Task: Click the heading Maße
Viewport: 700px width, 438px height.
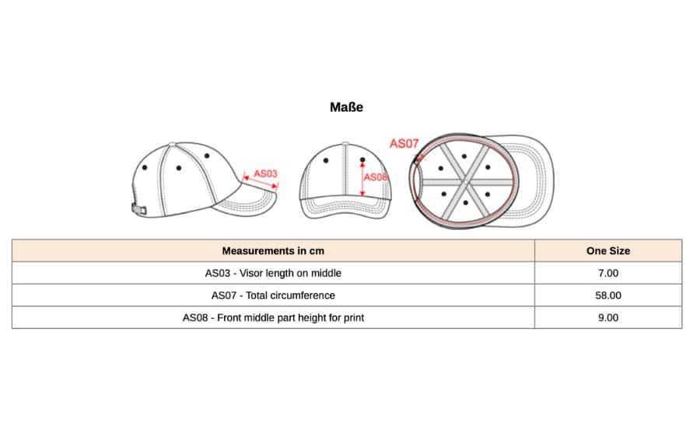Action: coord(346,107)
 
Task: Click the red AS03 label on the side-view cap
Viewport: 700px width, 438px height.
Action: coord(266,173)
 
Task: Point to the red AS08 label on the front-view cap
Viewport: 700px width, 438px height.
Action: coord(376,177)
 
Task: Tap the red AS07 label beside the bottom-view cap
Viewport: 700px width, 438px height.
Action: coord(404,143)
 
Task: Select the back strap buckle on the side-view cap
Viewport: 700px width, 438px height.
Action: coord(138,208)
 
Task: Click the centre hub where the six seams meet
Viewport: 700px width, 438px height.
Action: coord(464,182)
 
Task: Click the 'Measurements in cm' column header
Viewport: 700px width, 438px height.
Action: coord(273,251)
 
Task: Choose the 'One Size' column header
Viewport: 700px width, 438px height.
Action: coord(608,251)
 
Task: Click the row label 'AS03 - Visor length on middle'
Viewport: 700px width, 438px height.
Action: coord(273,273)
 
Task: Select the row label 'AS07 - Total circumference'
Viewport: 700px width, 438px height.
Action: coord(273,296)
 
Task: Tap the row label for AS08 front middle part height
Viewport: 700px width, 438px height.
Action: coord(273,317)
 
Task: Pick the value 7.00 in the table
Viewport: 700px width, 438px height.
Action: coord(608,273)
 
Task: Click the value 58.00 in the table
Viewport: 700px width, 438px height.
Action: coord(608,296)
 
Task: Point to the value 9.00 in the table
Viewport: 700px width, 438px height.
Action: coord(608,317)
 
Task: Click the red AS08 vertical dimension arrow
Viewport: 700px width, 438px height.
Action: coord(362,177)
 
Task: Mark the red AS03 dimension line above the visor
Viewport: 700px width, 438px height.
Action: coord(261,182)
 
